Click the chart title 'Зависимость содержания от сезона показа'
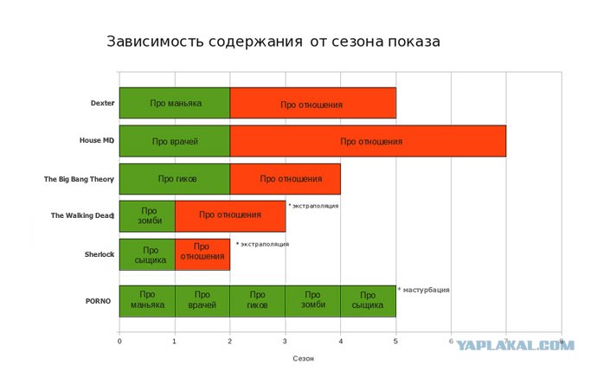[273, 42]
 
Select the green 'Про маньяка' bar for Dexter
[175, 104]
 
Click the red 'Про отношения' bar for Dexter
[312, 104]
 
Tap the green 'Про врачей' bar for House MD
[175, 141]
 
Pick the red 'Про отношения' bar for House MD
[368, 141]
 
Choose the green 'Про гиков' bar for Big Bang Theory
[175, 179]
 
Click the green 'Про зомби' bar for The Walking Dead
[147, 215]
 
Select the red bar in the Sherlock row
[202, 254]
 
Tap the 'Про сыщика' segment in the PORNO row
[368, 300]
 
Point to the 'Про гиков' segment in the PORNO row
[257, 300]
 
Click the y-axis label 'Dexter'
[102, 103]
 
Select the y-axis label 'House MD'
[97, 141]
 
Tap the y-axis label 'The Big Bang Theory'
[79, 179]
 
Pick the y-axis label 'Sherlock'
[100, 254]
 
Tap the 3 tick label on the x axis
[286, 342]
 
